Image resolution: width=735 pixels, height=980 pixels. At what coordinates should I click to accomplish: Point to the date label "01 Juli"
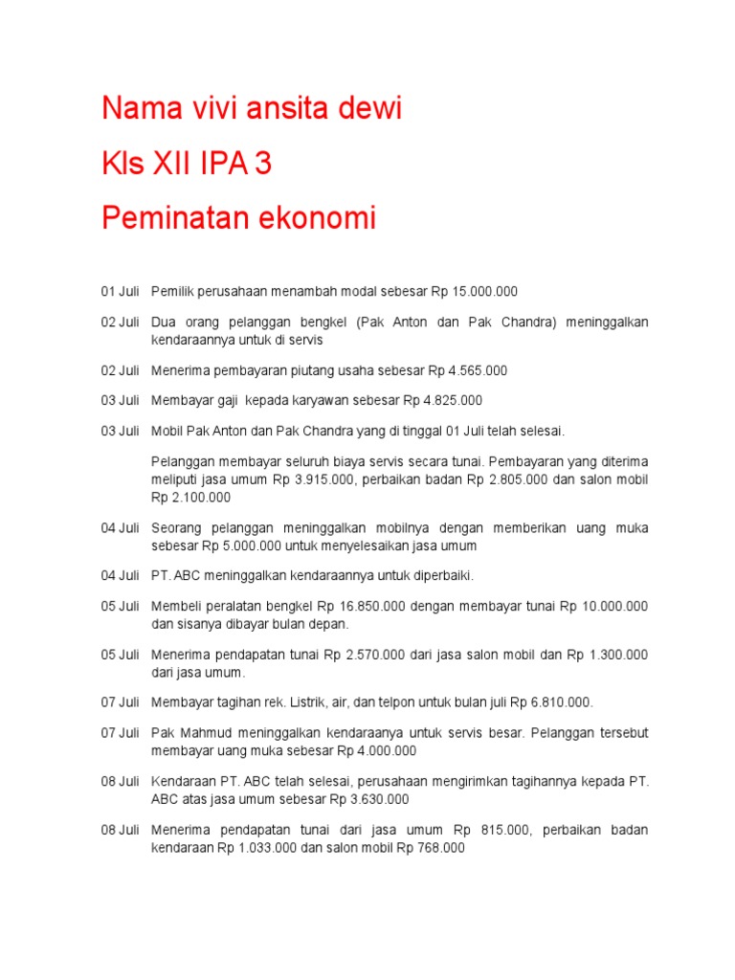coord(121,291)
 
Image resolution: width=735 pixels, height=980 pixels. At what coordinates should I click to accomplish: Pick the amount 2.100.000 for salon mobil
coord(200,498)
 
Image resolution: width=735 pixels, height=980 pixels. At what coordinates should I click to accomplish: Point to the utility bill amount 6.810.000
coord(559,702)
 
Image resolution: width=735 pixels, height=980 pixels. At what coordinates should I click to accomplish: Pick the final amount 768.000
coord(440,847)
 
